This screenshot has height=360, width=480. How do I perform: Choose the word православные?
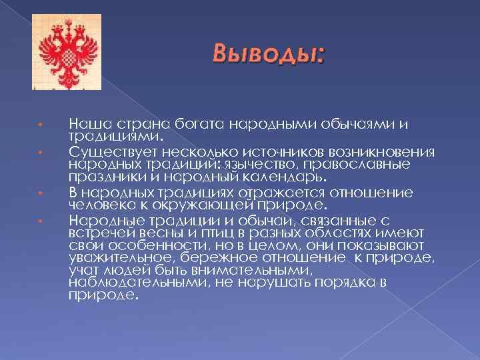click(367, 164)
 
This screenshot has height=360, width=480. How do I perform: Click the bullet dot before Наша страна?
click(40, 124)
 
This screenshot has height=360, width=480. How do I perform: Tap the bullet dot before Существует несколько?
click(40, 151)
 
